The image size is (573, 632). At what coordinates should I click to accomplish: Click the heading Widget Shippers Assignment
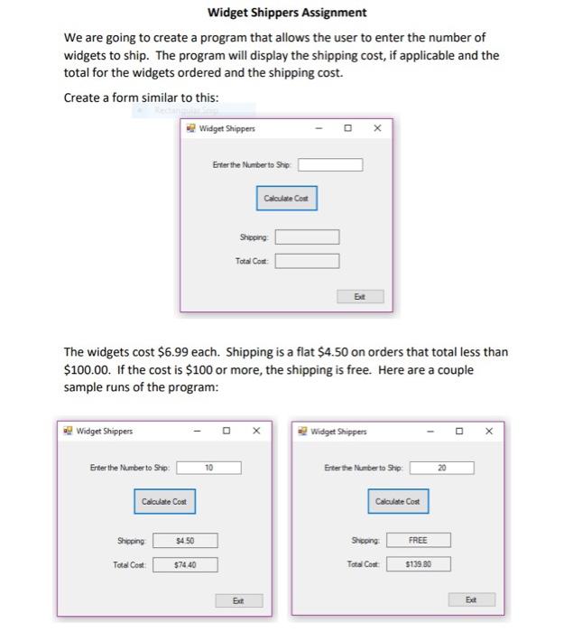[287, 13]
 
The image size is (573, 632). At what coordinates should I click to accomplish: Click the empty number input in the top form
[330, 164]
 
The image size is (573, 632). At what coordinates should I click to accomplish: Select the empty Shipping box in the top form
[307, 237]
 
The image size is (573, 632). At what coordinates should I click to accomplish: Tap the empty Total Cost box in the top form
[307, 261]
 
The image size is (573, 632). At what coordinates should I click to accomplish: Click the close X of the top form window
[377, 128]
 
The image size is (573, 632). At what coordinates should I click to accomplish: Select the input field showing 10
[208, 468]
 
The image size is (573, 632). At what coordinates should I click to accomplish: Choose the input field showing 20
[441, 468]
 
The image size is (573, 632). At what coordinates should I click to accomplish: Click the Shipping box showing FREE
[418, 541]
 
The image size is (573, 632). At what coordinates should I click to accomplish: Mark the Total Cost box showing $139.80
[418, 564]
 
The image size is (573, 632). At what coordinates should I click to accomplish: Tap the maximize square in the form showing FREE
[459, 432]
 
